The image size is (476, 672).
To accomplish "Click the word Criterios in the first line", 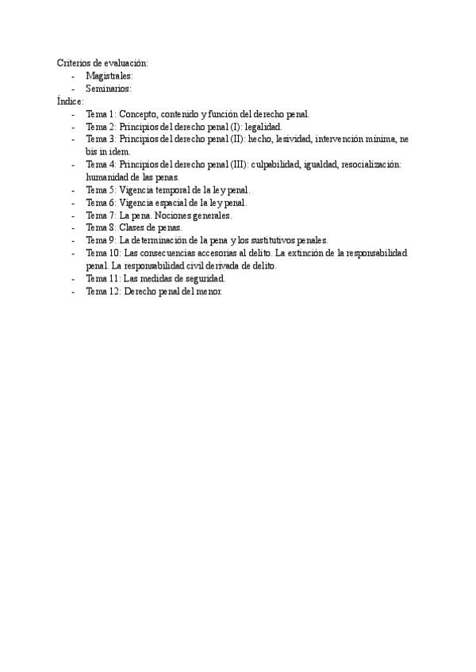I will click(x=72, y=63).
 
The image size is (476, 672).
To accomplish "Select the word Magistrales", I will click(x=109, y=75).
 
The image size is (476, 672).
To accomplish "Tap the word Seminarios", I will click(x=108, y=89).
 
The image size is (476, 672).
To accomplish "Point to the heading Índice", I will click(x=70, y=101).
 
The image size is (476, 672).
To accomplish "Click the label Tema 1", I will click(x=101, y=114).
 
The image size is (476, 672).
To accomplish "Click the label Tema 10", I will click(x=103, y=253).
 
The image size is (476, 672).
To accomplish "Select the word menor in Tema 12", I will click(x=208, y=292).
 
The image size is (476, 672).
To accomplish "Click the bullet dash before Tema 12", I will click(x=73, y=292).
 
